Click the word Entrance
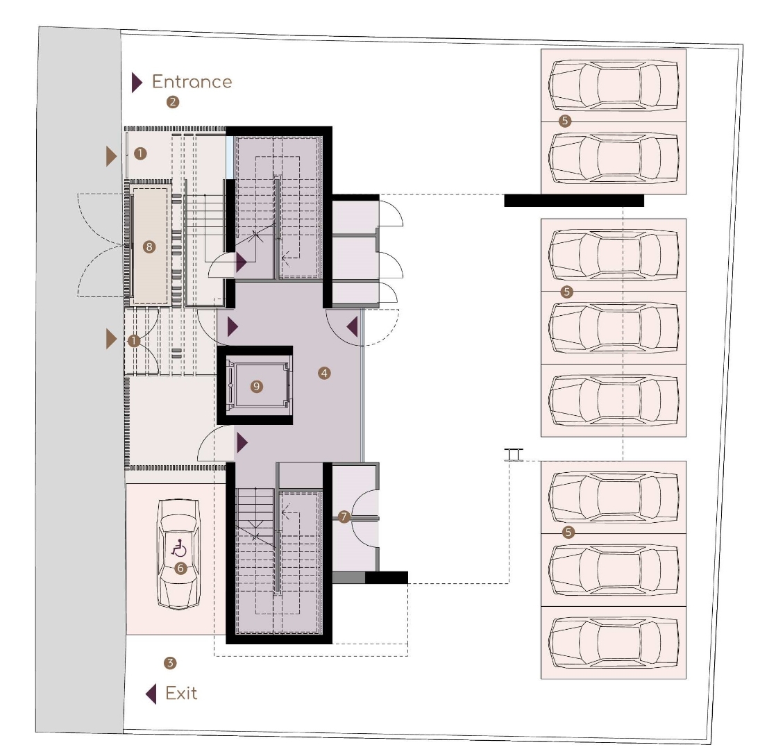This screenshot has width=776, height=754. tap(192, 82)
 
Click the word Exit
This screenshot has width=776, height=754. tap(181, 693)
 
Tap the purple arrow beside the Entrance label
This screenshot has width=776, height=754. tap(137, 83)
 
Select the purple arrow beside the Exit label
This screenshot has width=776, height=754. tap(151, 694)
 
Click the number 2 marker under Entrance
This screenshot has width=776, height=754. tap(172, 102)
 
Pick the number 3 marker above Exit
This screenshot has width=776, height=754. tap(170, 663)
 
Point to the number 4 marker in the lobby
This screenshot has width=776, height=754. tap(324, 374)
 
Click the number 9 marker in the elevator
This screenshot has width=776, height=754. tap(256, 386)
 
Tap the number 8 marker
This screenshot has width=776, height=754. tap(149, 246)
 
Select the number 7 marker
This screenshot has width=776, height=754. tap(344, 517)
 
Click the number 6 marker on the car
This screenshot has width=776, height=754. tap(180, 568)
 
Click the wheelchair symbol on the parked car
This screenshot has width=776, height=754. tap(178, 548)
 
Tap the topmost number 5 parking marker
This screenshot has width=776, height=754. tap(565, 120)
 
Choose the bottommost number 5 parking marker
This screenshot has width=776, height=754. tap(568, 533)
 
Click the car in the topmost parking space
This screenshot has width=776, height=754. tap(613, 85)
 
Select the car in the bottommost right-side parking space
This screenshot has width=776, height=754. tap(613, 642)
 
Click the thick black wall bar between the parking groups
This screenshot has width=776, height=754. tap(574, 201)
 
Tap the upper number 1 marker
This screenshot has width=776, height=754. tap(140, 153)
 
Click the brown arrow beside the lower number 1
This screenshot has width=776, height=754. tap(111, 339)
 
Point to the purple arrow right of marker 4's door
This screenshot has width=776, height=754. tap(352, 327)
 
